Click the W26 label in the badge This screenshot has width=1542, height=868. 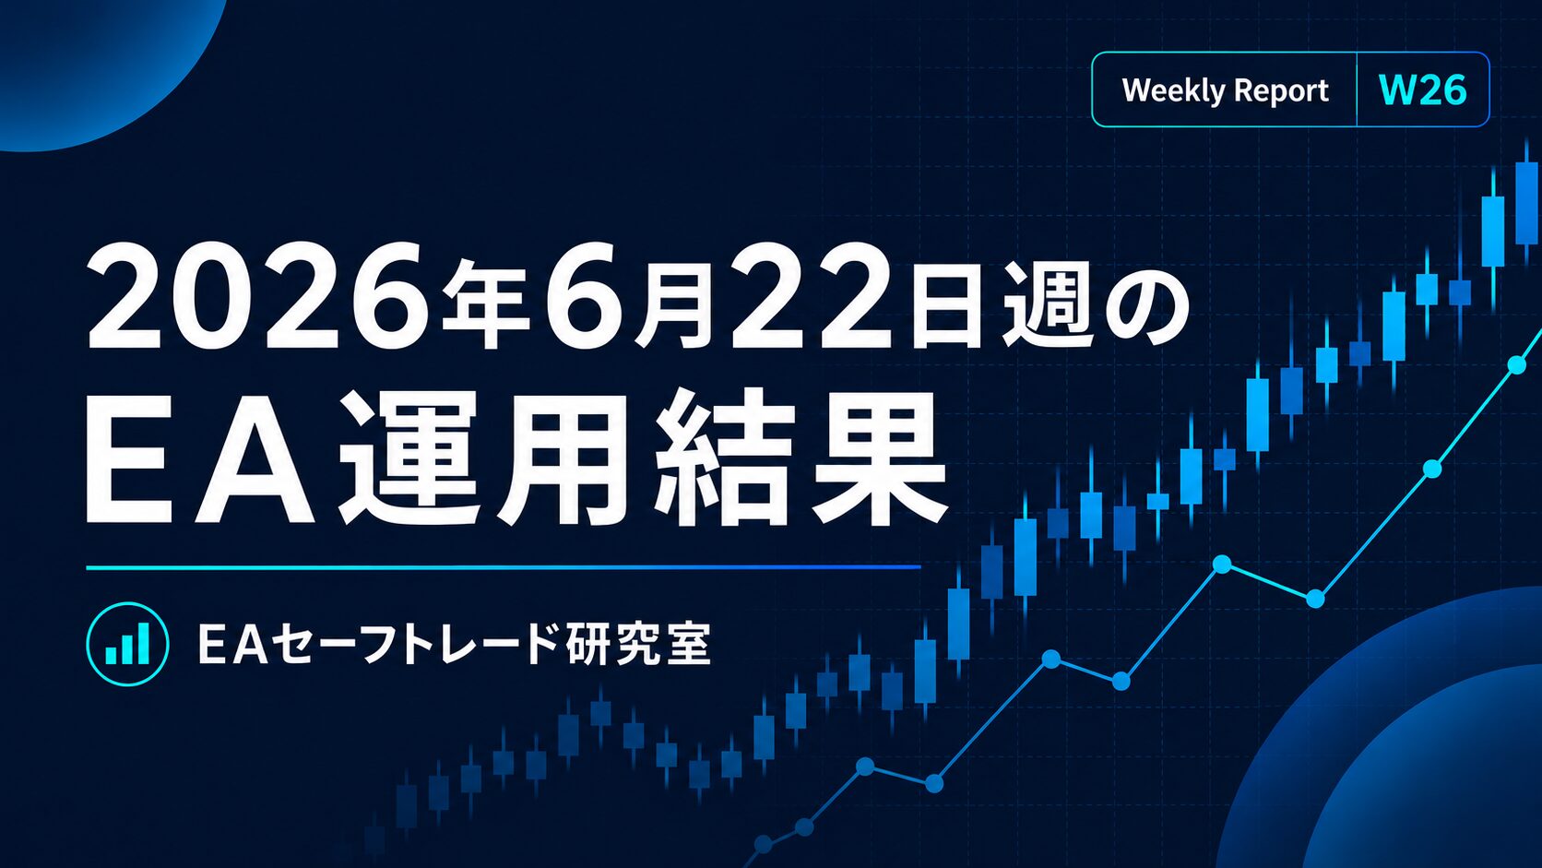coord(1422,90)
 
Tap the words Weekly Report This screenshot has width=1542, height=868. coord(1225,91)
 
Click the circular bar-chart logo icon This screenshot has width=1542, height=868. coord(128,644)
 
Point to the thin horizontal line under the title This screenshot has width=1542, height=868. coord(504,567)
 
